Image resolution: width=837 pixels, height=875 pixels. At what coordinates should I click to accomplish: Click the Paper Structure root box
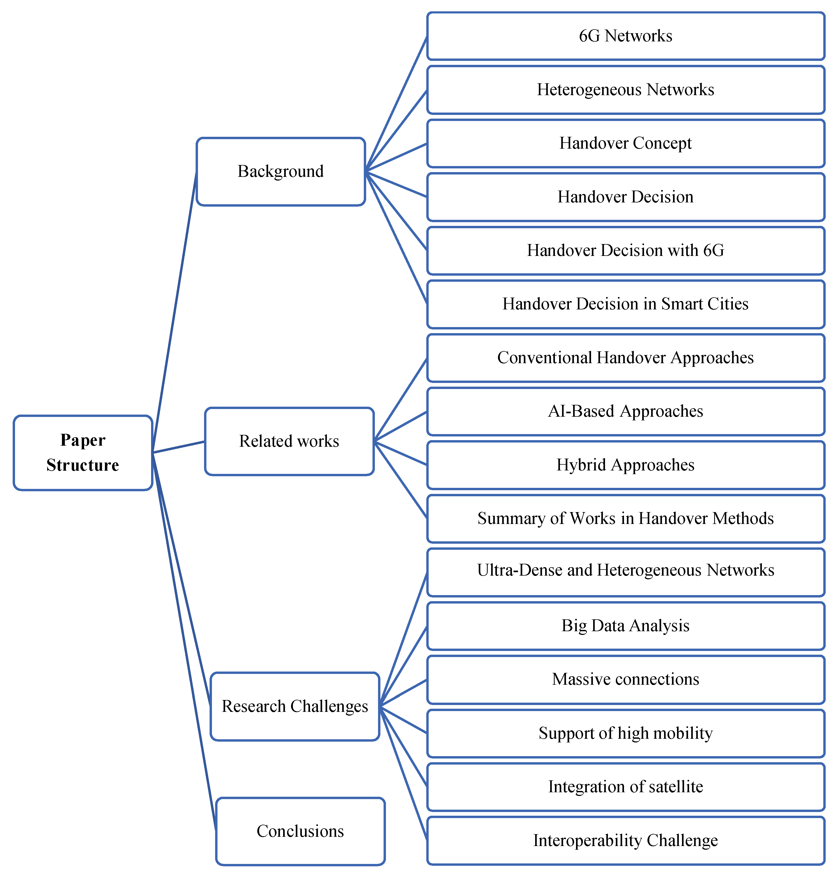(x=83, y=453)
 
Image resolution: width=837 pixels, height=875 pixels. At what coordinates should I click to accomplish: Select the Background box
(x=281, y=172)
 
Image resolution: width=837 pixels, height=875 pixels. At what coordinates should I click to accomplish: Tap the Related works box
(x=289, y=441)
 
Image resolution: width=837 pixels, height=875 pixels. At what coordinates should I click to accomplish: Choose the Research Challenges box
(x=295, y=706)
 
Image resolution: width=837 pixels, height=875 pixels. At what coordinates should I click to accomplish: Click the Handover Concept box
(x=626, y=143)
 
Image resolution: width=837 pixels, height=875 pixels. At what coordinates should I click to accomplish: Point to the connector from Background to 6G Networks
(x=396, y=104)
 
